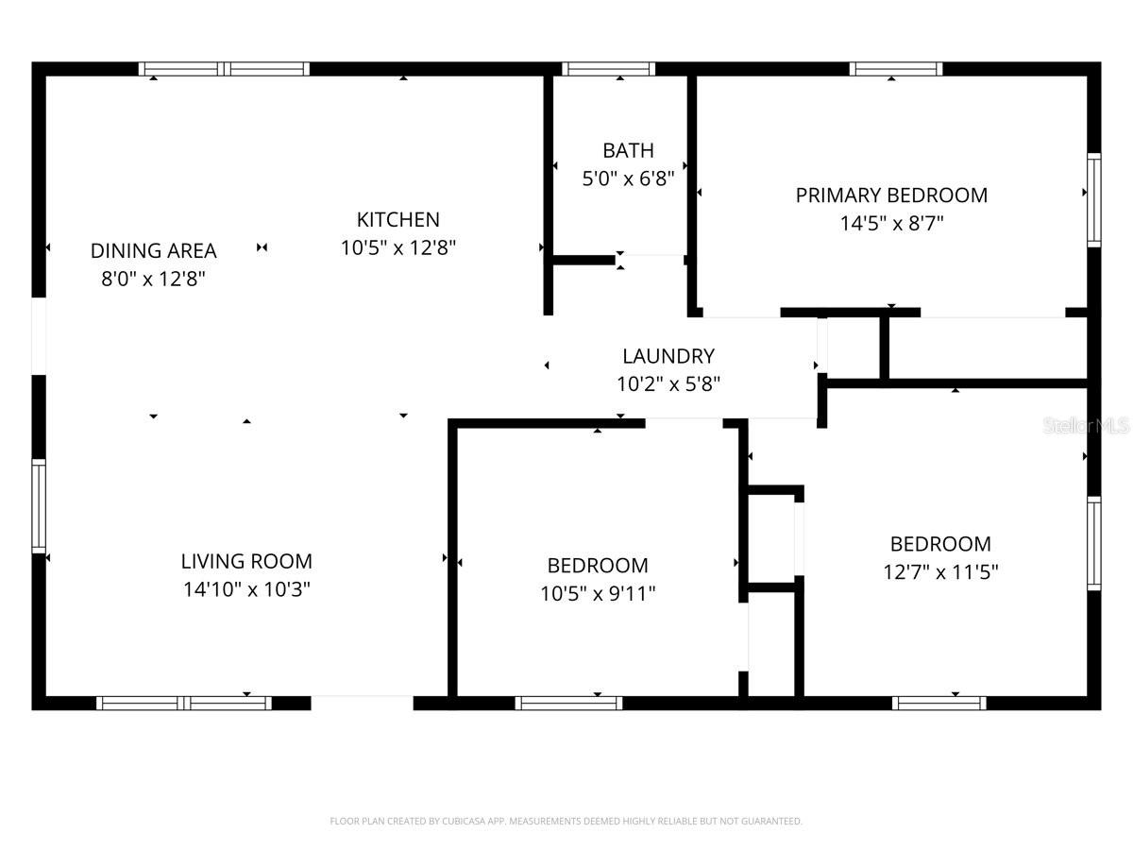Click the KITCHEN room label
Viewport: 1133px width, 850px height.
[x=397, y=219]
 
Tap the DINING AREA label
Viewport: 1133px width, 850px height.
[x=153, y=250]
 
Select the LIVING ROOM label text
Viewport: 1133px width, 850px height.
[x=246, y=561]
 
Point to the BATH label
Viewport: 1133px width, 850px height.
[x=628, y=150]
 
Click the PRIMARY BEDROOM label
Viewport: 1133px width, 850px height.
[x=891, y=195]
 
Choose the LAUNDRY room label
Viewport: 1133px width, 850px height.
[x=668, y=356]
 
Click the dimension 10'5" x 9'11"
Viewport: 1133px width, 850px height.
[x=598, y=593]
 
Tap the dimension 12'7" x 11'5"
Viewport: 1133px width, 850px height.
[x=940, y=571]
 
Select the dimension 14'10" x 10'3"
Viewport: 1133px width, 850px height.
[x=246, y=589]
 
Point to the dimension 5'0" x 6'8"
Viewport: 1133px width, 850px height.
[x=628, y=178]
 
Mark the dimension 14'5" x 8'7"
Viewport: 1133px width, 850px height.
[x=891, y=224]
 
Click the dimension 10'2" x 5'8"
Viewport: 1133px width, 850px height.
[x=668, y=383]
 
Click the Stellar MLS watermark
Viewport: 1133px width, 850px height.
[x=1086, y=426]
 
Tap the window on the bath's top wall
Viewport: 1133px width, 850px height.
[x=608, y=69]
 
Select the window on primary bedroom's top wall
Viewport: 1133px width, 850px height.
[x=895, y=69]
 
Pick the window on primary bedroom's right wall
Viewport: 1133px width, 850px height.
[x=1093, y=200]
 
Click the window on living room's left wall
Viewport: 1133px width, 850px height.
[x=39, y=505]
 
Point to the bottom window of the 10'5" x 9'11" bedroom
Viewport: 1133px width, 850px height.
[x=568, y=703]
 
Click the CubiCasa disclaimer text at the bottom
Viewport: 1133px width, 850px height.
[x=566, y=821]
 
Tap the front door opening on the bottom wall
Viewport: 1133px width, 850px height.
[x=362, y=702]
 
